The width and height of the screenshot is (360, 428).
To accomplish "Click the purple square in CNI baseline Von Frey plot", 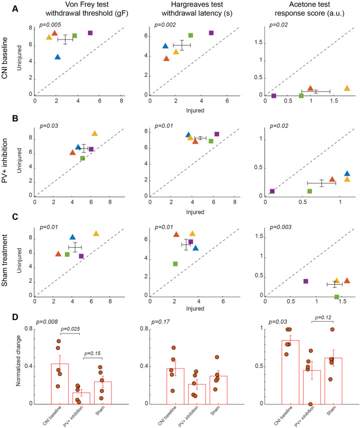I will (x=90, y=33).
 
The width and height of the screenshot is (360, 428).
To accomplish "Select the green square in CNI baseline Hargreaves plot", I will (x=190, y=35).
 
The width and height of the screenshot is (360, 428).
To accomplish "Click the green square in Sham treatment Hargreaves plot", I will (x=175, y=264).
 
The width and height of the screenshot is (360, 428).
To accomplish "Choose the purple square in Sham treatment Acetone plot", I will (x=305, y=281).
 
